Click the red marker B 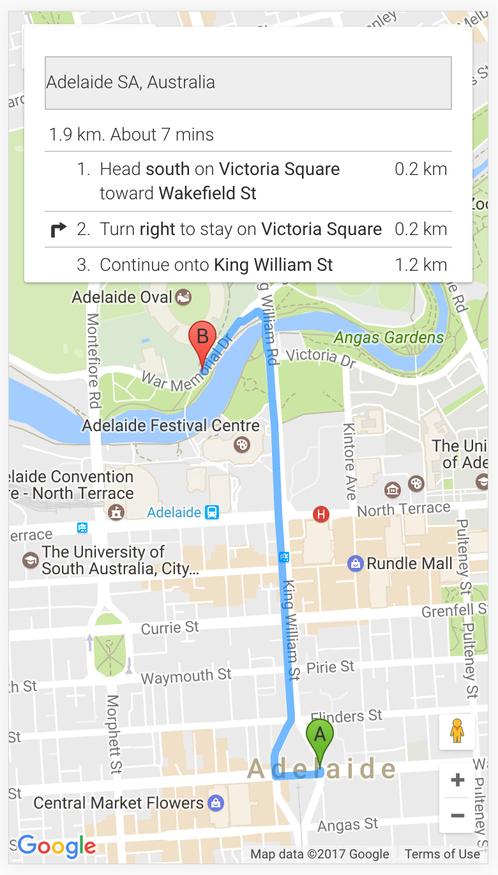click(202, 340)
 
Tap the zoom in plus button click(457, 780)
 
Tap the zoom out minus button click(457, 816)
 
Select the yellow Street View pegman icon click(456, 731)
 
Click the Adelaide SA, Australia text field click(248, 82)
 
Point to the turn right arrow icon click(58, 229)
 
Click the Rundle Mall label click(409, 563)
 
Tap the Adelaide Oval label click(122, 297)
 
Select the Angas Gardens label click(389, 337)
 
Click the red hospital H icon click(321, 514)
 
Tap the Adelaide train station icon click(212, 512)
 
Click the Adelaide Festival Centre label click(171, 425)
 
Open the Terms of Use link click(442, 854)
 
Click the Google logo click(57, 847)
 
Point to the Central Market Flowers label click(119, 803)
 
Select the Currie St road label click(170, 628)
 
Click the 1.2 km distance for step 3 click(421, 265)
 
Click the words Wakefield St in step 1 click(207, 193)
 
